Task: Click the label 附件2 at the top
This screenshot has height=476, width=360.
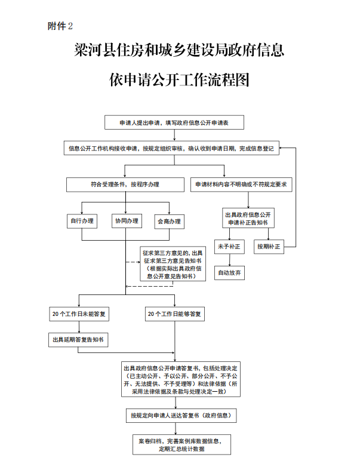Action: pos(60,26)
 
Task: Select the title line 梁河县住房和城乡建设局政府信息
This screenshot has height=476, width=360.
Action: pos(179,50)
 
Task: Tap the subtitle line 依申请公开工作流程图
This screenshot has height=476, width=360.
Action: pos(179,80)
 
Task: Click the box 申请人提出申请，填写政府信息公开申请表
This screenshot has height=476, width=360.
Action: pos(174,122)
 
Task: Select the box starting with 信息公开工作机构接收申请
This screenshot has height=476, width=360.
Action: pos(172,149)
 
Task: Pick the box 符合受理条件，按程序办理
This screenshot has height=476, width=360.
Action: pos(125,185)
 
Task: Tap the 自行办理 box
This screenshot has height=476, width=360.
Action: pos(82,222)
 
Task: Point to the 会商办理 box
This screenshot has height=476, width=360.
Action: pos(169,222)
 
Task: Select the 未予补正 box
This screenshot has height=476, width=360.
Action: pos(229,246)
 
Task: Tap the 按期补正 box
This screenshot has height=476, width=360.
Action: pos(269,246)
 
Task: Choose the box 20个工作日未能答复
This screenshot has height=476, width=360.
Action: pos(79,314)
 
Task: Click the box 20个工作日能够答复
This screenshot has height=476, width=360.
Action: pos(175,314)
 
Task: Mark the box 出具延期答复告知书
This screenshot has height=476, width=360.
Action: pos(79,340)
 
